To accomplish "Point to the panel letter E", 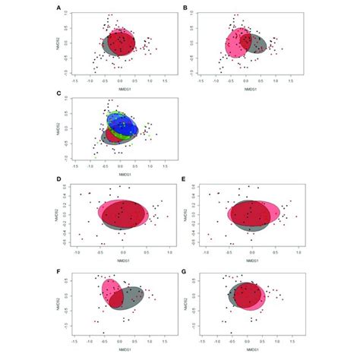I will click(x=186, y=182).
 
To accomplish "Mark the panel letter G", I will click(x=186, y=268).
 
